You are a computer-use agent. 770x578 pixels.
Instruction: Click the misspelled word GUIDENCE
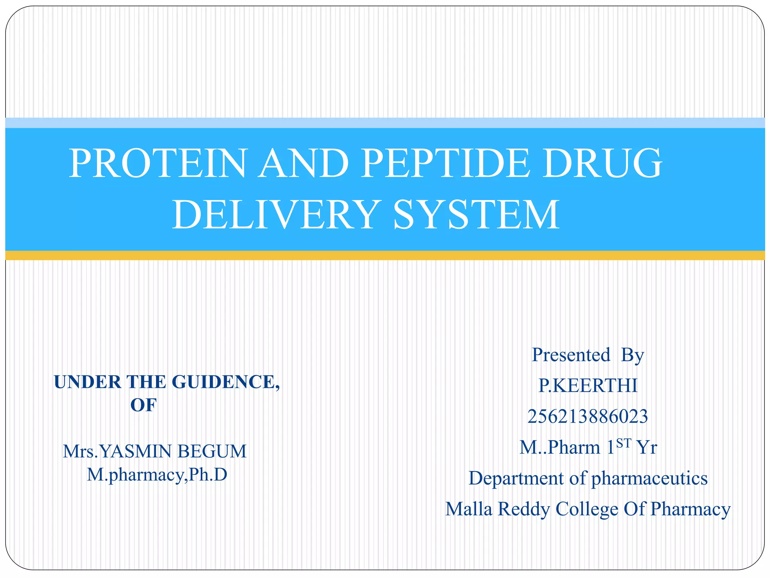tap(226, 382)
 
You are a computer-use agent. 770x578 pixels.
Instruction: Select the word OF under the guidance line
tap(143, 405)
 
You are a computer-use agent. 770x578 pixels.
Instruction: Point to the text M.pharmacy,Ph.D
tap(157, 475)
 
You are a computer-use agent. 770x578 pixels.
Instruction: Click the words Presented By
tap(588, 355)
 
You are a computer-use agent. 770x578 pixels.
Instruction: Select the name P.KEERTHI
tap(588, 386)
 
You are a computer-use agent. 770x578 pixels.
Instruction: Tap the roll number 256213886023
tap(588, 417)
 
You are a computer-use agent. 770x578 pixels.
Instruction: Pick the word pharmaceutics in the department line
tap(649, 478)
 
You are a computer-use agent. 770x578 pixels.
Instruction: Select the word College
tap(587, 509)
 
